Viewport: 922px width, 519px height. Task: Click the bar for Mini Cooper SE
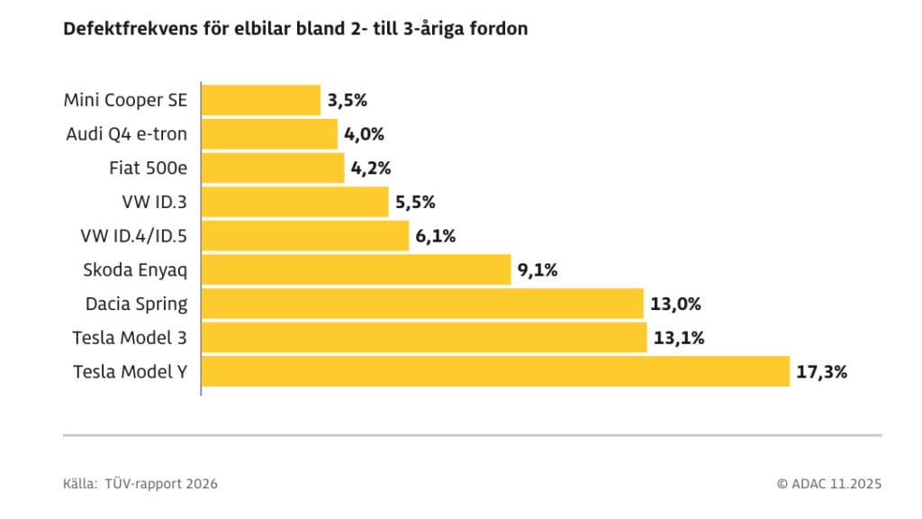click(260, 100)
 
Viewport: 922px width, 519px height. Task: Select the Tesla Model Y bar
click(495, 371)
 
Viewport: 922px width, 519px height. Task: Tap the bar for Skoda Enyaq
click(357, 269)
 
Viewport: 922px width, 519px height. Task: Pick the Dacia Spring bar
click(422, 304)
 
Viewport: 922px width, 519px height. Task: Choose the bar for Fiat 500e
click(273, 168)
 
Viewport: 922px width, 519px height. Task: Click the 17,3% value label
click(821, 371)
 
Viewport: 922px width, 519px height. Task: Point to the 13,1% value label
click(677, 338)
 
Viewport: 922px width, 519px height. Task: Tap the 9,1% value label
click(538, 269)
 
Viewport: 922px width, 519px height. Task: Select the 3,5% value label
click(348, 100)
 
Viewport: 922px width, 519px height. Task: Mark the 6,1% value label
click(436, 236)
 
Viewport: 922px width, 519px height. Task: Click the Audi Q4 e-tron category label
click(127, 134)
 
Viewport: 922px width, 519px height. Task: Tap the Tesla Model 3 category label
click(130, 338)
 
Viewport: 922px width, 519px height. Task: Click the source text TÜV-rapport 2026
click(161, 484)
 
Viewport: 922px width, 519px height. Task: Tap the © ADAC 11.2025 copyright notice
click(828, 484)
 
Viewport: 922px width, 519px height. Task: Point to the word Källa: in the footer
click(80, 484)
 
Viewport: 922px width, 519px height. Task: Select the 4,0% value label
click(364, 134)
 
